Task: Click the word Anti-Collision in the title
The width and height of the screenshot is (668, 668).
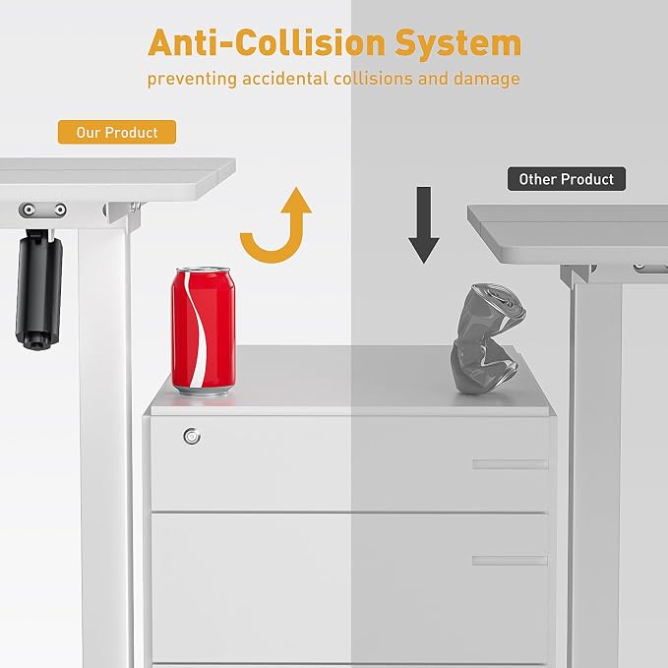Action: tap(268, 42)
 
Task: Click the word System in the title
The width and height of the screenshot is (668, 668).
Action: tap(458, 44)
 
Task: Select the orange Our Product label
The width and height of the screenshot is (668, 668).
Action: tap(117, 132)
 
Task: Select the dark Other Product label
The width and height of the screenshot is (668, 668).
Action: tap(567, 179)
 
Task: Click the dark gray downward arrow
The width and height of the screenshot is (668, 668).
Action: tap(423, 225)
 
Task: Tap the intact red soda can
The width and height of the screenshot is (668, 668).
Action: tap(204, 331)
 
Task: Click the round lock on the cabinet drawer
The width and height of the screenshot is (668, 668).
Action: tap(192, 436)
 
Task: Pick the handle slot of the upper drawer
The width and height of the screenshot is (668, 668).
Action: tap(510, 464)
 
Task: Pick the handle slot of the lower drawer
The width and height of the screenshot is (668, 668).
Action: tap(510, 560)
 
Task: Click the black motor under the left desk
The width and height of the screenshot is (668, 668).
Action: tap(38, 289)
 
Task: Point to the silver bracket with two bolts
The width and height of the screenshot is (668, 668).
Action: tap(42, 210)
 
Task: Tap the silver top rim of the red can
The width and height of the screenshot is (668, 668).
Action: tap(204, 271)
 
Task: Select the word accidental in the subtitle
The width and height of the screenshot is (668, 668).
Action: tap(285, 79)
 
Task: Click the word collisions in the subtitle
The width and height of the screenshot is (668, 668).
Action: tap(373, 79)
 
